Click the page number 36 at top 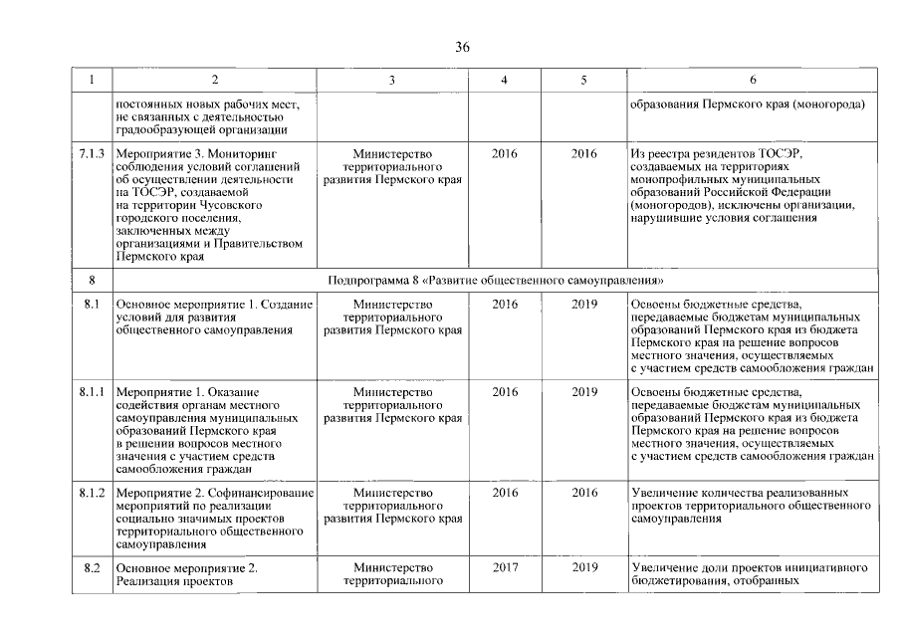pos(462,48)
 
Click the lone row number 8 pos(92,282)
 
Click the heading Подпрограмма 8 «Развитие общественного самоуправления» pos(495,282)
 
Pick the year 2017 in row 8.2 pos(505,567)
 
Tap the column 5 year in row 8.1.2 pos(584,493)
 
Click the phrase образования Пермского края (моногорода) pos(748,104)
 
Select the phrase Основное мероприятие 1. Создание pos(214,304)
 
